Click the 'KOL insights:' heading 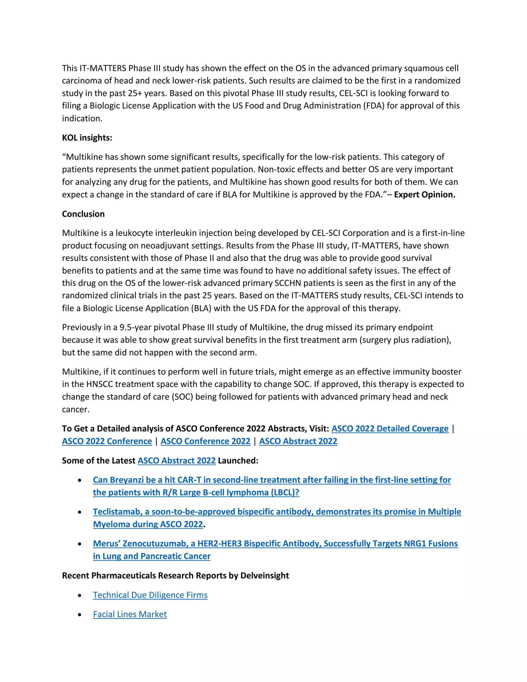(87, 138)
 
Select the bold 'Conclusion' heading (83, 214)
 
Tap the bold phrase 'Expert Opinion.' (425, 195)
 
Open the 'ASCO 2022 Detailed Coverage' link (390, 429)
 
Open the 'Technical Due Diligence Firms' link (150, 595)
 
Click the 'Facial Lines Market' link (130, 614)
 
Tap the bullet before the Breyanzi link (80, 480)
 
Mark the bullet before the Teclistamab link (80, 512)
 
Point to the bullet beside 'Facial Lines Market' (80, 615)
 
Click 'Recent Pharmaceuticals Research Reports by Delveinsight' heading (175, 575)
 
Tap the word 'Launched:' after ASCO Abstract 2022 (238, 461)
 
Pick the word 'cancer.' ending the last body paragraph (76, 409)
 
